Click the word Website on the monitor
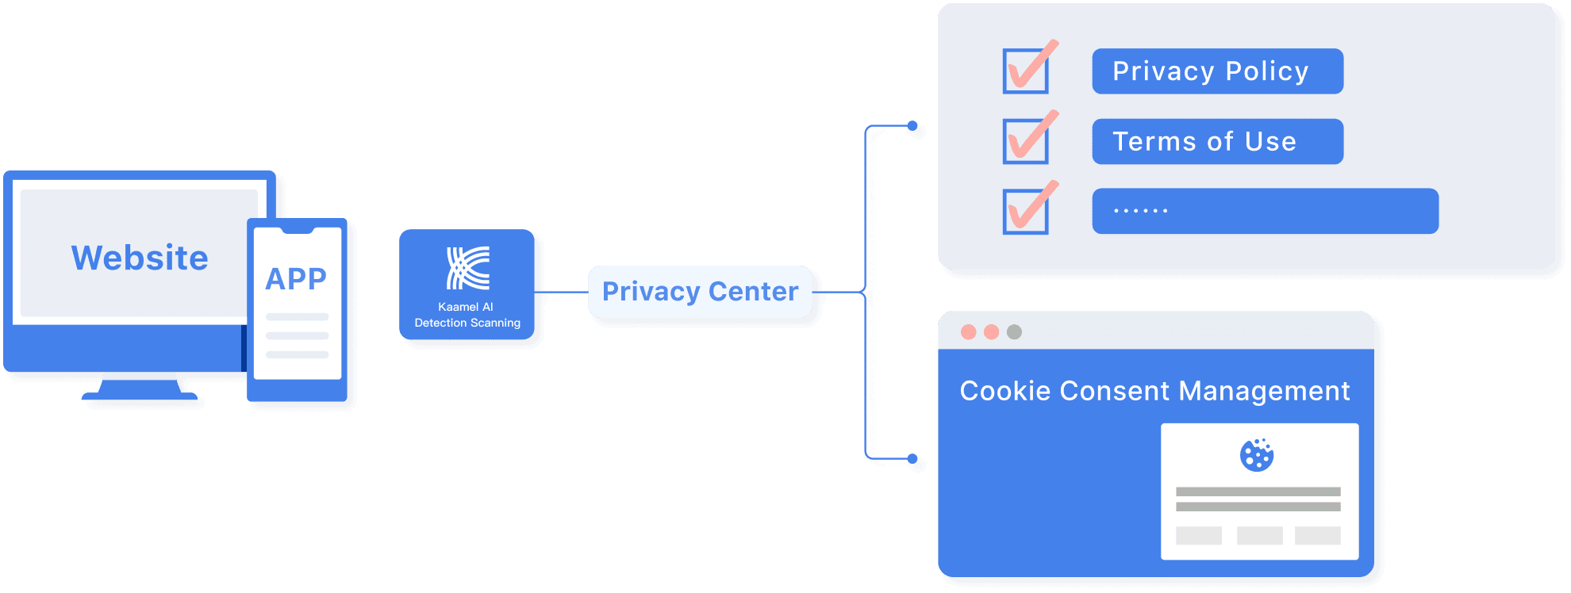pyautogui.click(x=140, y=258)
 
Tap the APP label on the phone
pyautogui.click(x=296, y=279)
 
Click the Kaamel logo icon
pyautogui.click(x=468, y=268)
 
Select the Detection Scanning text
pyautogui.click(x=467, y=323)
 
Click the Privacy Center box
pyautogui.click(x=700, y=292)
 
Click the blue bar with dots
pyautogui.click(x=1265, y=211)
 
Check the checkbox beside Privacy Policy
pyautogui.click(x=1025, y=71)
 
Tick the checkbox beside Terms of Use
pyautogui.click(x=1025, y=142)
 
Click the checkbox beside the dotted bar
pyautogui.click(x=1025, y=212)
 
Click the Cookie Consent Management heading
pyautogui.click(x=1154, y=391)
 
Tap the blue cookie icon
pyautogui.click(x=1257, y=455)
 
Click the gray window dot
pyautogui.click(x=1014, y=332)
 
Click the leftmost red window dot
pyautogui.click(x=968, y=332)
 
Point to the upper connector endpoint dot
pyautogui.click(x=912, y=126)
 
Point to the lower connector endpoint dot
pyautogui.click(x=912, y=459)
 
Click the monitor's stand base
pyautogui.click(x=140, y=393)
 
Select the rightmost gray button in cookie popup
pyautogui.click(x=1317, y=536)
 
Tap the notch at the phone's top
pyautogui.click(x=298, y=231)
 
